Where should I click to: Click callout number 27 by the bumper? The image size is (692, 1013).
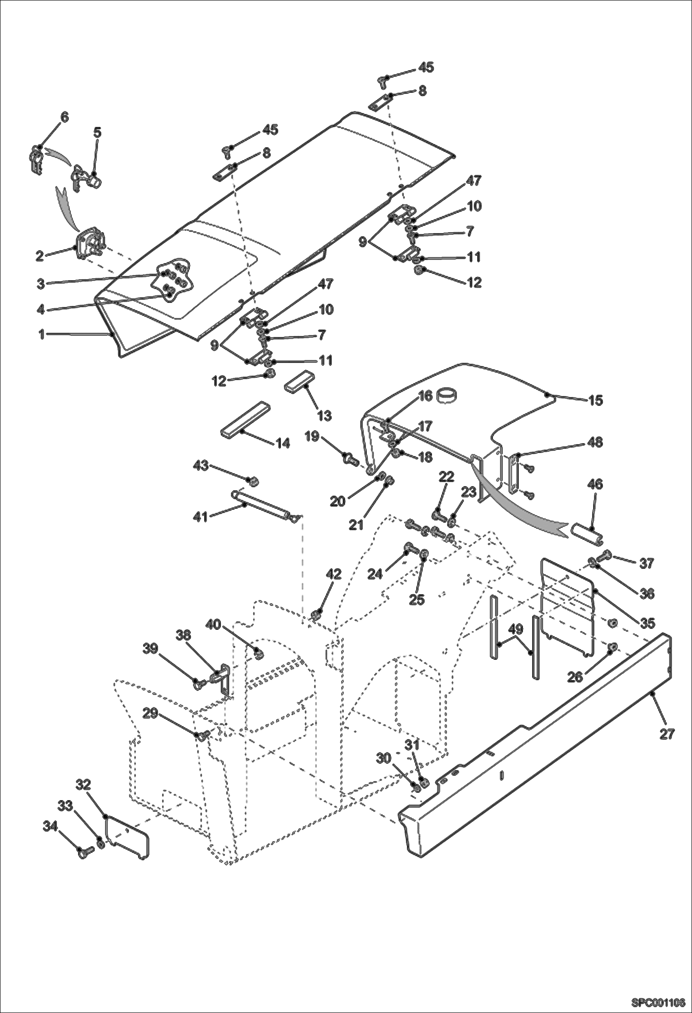pos(667,734)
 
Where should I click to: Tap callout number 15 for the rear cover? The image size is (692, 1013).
pos(596,400)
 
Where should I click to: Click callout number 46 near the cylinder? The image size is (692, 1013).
pos(595,484)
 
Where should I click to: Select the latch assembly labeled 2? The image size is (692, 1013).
pos(90,241)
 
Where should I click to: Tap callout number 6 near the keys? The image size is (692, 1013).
pos(64,117)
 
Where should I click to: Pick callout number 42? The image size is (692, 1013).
pos(334,574)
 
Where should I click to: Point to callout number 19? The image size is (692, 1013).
pos(312,436)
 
